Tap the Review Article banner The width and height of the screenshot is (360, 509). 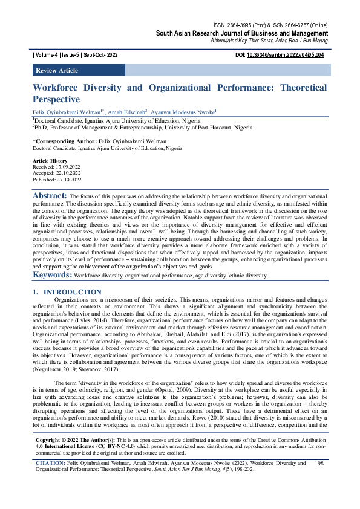(x=57, y=71)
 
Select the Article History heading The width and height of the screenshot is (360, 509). (x=50, y=161)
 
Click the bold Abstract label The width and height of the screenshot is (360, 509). (x=50, y=196)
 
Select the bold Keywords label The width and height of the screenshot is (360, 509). (x=52, y=275)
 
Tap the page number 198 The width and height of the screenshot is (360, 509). (x=320, y=480)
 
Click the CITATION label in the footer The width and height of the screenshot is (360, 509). (x=50, y=481)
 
